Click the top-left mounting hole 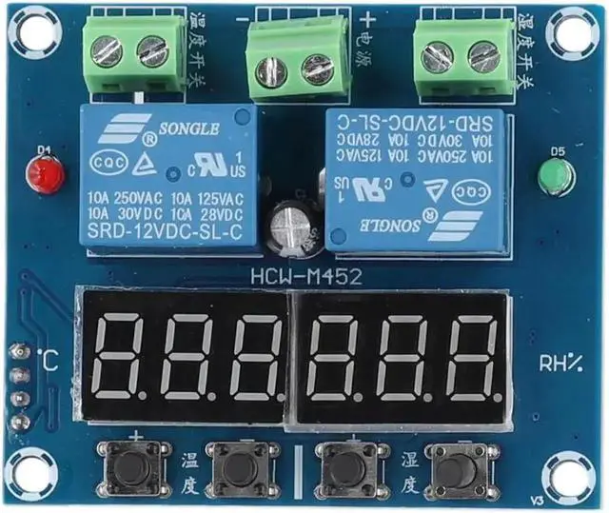pos(29,31)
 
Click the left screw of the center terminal pos(273,69)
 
